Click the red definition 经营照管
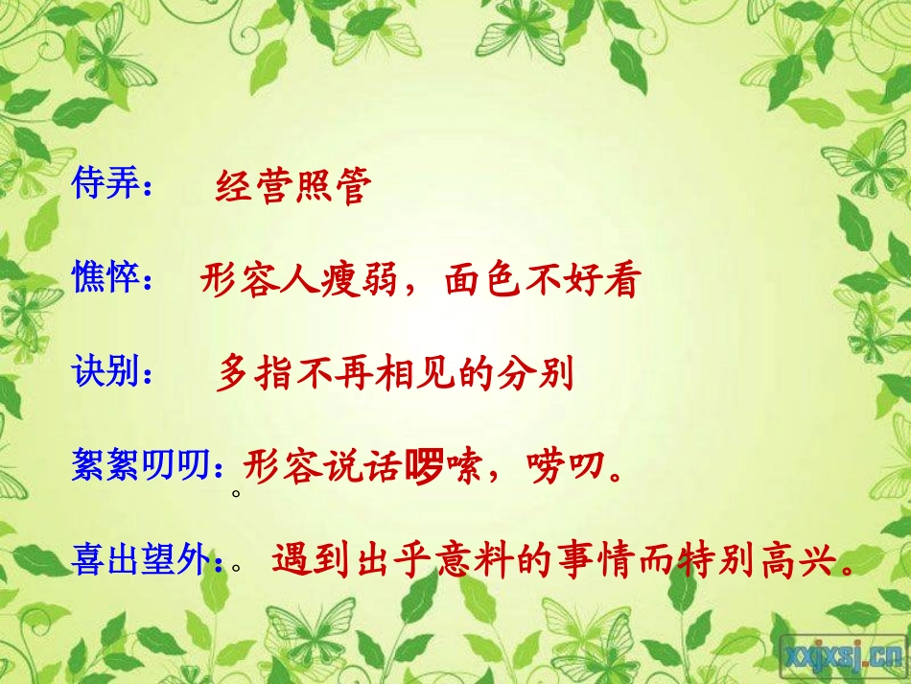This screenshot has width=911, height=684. pyautogui.click(x=292, y=187)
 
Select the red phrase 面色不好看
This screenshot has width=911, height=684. pyautogui.click(x=541, y=280)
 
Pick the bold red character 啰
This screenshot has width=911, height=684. pyautogui.click(x=423, y=467)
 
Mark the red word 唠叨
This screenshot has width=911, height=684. pyautogui.click(x=567, y=467)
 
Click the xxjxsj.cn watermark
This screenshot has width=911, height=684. pyautogui.click(x=841, y=654)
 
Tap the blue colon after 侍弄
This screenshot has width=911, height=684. pyautogui.click(x=148, y=189)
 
